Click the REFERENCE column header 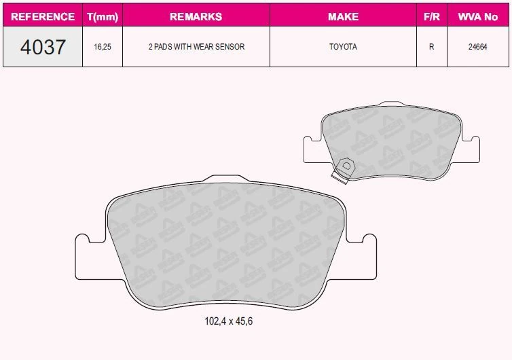point(43,16)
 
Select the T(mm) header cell point(103,16)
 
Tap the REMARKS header point(196,16)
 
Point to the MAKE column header point(343,16)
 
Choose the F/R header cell point(432,16)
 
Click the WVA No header point(478,16)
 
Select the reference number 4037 point(43,47)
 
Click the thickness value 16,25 point(103,47)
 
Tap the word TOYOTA point(343,47)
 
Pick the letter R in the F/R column point(432,47)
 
